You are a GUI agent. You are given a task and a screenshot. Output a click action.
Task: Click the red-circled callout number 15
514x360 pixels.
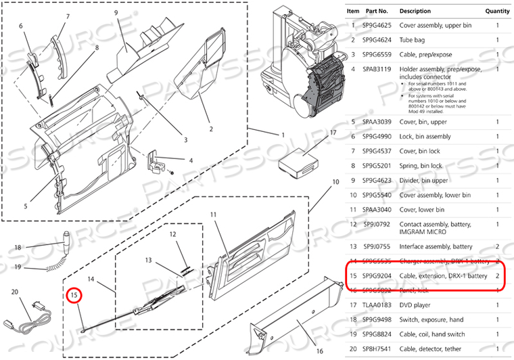click(x=73, y=294)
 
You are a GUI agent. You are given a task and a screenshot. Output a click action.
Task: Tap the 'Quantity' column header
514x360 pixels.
click(x=497, y=12)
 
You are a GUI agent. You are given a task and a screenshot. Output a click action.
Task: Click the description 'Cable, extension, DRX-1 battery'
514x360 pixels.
click(x=443, y=276)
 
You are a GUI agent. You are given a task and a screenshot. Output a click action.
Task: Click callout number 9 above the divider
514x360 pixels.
click(x=116, y=13)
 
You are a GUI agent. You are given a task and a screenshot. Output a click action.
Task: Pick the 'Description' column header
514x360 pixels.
click(x=415, y=12)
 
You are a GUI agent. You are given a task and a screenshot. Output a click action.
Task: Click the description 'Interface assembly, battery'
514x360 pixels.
click(x=436, y=247)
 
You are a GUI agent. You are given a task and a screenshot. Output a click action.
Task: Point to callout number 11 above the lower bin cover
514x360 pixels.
click(x=212, y=215)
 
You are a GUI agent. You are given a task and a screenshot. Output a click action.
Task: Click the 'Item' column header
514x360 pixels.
click(x=353, y=12)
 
